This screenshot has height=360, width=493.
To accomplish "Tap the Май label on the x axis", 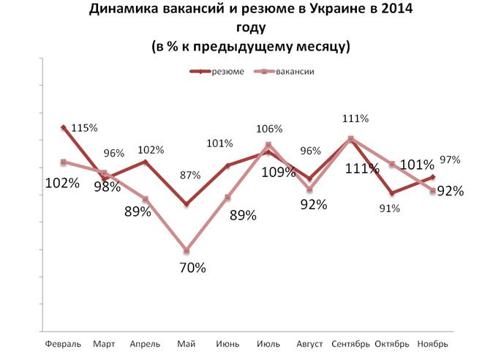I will pos(186,343).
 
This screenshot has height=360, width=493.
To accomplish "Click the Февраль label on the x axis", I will pos(63,343).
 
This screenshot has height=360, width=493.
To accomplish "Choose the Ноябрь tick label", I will pos(433,343).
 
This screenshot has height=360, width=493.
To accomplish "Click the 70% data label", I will pos(192,268).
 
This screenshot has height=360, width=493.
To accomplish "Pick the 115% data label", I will pos(83,127).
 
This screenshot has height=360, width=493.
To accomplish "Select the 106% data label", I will pos(269,129).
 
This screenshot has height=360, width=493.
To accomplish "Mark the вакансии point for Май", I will pos(187,251).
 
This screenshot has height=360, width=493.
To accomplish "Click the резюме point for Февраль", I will pos(63,127).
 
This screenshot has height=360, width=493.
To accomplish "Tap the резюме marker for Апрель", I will pos(146,162).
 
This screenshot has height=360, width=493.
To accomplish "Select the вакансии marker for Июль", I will pos(269,145).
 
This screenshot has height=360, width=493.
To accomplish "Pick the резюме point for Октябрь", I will pos(392,193).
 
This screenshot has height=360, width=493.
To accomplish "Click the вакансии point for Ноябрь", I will pos(433,191).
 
